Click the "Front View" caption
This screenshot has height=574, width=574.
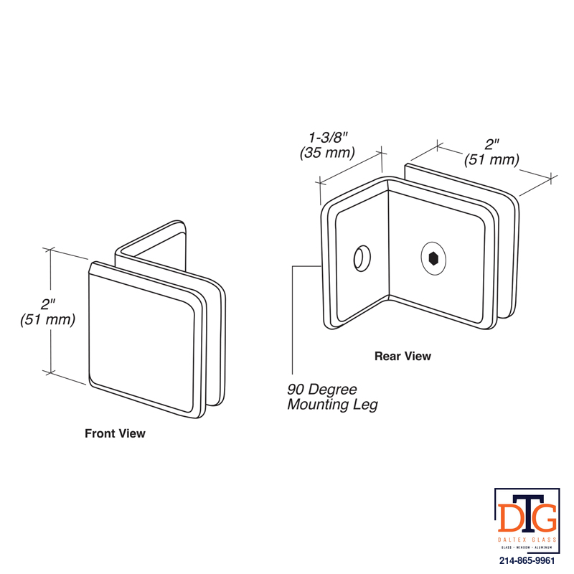click(115, 433)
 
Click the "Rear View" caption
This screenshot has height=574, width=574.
click(403, 356)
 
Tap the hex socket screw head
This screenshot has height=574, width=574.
click(433, 258)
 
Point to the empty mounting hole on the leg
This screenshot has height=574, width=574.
click(362, 258)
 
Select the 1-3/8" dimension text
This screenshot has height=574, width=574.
click(328, 138)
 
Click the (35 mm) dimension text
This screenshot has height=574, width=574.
click(327, 153)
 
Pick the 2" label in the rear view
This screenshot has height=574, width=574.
click(491, 144)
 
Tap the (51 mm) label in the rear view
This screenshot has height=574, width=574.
click(491, 159)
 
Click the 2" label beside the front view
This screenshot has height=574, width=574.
click(47, 304)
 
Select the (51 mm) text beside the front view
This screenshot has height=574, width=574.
click(47, 319)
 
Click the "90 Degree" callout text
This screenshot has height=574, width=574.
click(321, 389)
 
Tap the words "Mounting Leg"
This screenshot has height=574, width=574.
click(332, 405)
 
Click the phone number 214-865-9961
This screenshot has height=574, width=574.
click(527, 560)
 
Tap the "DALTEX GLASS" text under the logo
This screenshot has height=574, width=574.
click(527, 540)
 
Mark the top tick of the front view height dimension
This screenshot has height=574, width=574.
click(50, 250)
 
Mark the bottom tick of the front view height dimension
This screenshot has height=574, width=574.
click(50, 372)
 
